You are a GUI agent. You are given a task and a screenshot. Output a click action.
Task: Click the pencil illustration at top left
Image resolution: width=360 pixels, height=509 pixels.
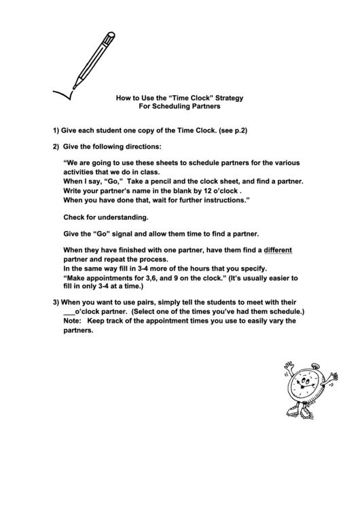click(x=91, y=58)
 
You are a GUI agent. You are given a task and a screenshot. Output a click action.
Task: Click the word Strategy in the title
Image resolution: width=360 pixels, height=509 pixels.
click(x=225, y=98)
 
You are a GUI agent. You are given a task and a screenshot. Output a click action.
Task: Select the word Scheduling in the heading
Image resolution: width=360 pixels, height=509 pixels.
click(x=175, y=107)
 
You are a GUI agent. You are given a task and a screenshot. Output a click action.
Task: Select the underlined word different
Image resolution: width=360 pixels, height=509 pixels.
click(x=278, y=249)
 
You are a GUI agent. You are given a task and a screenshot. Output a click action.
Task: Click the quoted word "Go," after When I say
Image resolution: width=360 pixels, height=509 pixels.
click(x=111, y=182)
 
